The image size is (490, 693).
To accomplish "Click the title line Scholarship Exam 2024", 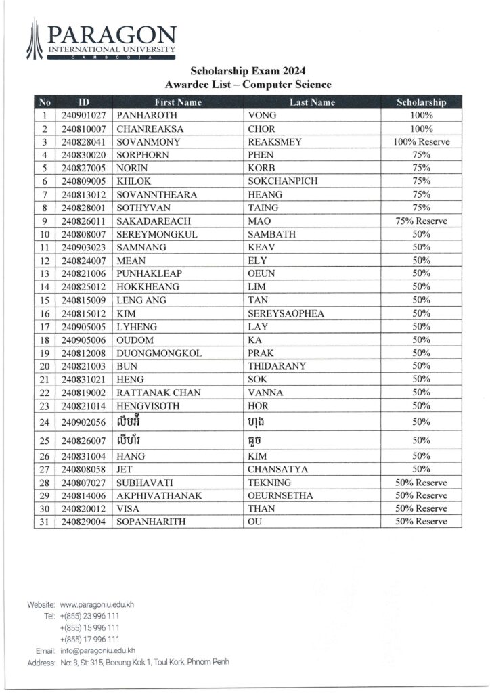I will coord(248,70).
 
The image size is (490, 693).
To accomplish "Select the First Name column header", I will coord(179,102).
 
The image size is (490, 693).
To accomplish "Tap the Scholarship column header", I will coord(421,102).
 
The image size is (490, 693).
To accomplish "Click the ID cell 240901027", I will coord(83,116).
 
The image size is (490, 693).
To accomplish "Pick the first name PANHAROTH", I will coord(147,116).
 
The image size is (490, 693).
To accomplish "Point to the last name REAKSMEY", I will coord(275,142).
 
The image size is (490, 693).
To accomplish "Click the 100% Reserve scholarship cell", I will coord(421,142).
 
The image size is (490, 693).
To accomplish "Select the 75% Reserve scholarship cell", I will coord(421,221).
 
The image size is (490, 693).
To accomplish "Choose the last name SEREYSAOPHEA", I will coord(286,313).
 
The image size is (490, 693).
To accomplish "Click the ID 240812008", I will coord(83,353).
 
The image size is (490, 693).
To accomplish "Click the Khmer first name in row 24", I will coord(132,422).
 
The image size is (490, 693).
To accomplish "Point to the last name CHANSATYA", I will coord(279,469).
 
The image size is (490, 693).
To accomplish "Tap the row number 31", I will coord(45,522).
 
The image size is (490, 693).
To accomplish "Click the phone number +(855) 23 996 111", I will coord(90,616).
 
